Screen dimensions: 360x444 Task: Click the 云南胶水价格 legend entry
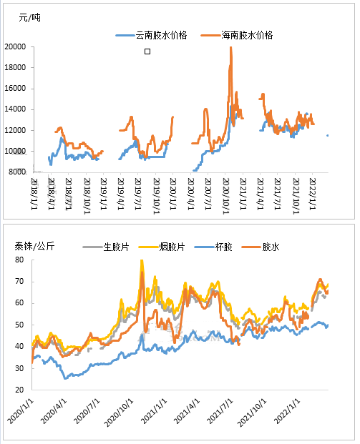(151, 35)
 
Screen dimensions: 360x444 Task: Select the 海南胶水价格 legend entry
(237, 35)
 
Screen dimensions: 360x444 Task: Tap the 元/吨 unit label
(29, 18)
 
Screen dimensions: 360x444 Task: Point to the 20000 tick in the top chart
(15, 46)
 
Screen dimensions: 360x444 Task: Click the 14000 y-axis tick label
(15, 109)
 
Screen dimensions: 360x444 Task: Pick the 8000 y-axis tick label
(17, 172)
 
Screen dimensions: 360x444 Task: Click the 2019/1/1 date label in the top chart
(104, 194)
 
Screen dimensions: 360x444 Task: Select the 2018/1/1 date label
(34, 194)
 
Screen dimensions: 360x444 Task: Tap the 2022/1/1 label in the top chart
(312, 194)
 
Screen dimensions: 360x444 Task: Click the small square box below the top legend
(147, 51)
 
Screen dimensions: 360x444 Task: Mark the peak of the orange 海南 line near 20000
(230, 47)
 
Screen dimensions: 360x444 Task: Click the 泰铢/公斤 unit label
(34, 247)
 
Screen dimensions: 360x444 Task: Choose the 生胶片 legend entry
(106, 247)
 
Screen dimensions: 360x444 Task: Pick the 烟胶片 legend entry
(162, 247)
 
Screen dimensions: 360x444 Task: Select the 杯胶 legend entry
(213, 247)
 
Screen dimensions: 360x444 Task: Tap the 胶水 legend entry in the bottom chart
(261, 247)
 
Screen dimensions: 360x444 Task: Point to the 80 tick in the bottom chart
(19, 260)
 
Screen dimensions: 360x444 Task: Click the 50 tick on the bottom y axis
(19, 325)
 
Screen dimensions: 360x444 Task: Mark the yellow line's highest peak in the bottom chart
(142, 260)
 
